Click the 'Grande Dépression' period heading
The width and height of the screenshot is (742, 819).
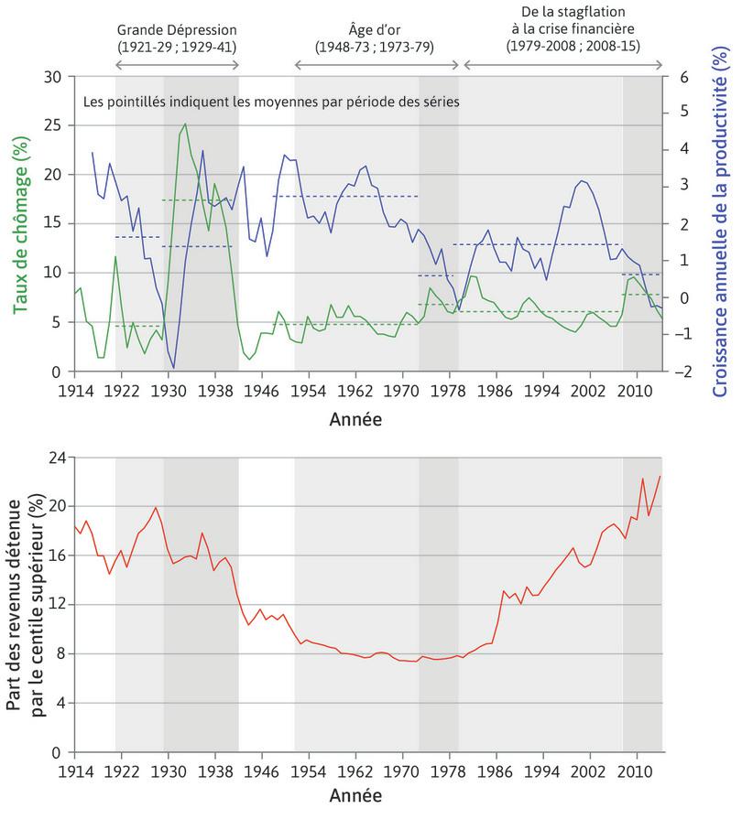[177, 27]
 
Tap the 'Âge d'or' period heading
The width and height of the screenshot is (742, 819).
[375, 27]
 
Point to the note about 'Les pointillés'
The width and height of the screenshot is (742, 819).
[270, 102]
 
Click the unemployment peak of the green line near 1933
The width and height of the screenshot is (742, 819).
[185, 124]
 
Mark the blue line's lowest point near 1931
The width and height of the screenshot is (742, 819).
[174, 368]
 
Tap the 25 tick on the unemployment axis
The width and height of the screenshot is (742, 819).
[52, 125]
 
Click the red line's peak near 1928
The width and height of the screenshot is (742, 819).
[156, 507]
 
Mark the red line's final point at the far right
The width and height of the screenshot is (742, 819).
[660, 476]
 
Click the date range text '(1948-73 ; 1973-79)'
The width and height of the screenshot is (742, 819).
[375, 45]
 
